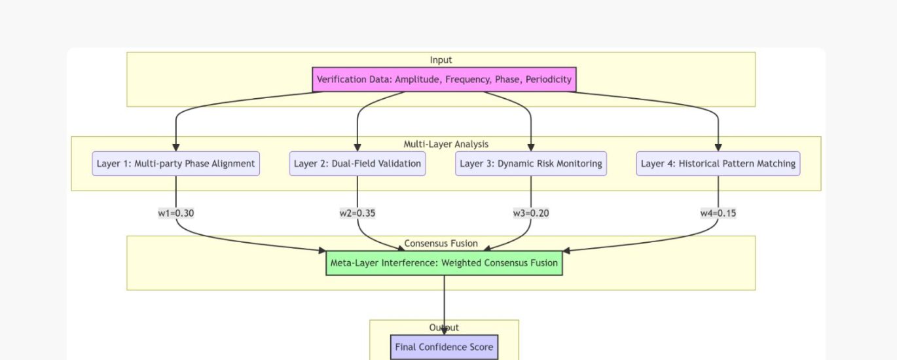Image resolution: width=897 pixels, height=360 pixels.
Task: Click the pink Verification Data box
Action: point(444,79)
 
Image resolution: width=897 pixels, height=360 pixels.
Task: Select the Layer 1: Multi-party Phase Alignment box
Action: point(175,164)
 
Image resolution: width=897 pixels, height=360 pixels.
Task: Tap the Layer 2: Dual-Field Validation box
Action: point(357,164)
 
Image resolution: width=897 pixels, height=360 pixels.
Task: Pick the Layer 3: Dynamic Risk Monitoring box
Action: point(531,164)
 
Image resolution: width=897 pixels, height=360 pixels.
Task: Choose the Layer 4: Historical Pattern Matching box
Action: point(718,164)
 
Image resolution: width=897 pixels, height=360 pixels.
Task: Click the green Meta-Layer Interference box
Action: point(444,263)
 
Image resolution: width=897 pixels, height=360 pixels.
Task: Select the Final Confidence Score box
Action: point(444,347)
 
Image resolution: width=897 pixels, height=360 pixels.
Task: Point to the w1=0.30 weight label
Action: point(176,213)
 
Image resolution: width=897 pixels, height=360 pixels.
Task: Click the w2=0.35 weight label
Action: point(357,213)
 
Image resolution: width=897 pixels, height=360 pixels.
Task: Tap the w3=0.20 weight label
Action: point(531,213)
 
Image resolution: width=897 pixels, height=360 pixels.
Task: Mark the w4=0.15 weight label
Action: point(718,213)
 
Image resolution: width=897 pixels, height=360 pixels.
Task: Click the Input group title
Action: point(441,60)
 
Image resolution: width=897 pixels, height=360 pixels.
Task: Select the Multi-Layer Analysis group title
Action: point(446,144)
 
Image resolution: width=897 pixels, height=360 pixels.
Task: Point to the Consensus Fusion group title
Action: point(441,243)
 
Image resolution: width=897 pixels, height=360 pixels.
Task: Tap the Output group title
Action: point(444,327)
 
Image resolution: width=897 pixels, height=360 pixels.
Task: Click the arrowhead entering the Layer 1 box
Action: point(175,147)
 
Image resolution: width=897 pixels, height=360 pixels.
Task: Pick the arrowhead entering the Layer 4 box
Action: point(718,147)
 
